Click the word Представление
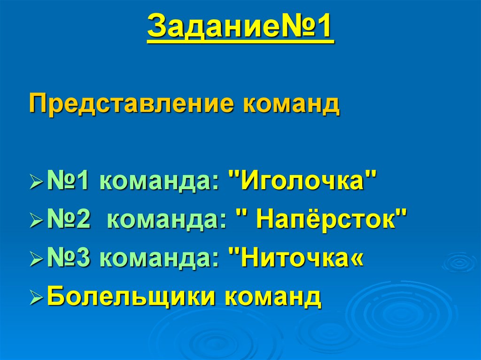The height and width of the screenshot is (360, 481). pos(132,104)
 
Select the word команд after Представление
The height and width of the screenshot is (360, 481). pos(291,104)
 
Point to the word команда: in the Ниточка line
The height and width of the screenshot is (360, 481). pos(159,258)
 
